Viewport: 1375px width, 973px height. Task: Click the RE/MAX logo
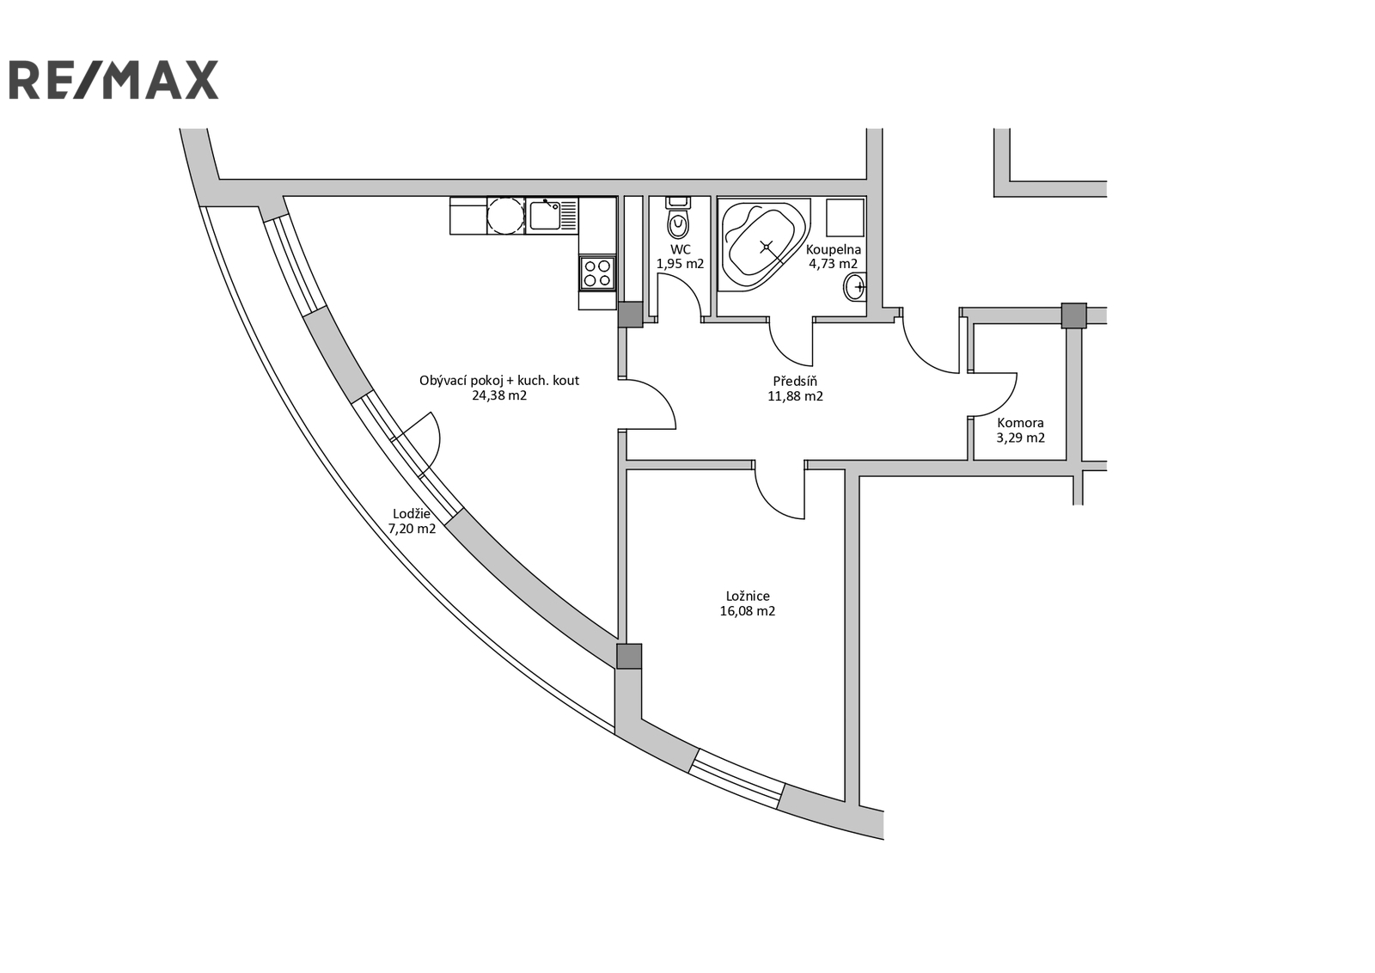[114, 80]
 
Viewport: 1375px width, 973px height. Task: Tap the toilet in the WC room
[678, 219]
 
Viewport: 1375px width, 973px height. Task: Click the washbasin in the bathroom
[854, 287]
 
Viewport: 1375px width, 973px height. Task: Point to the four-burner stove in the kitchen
[597, 273]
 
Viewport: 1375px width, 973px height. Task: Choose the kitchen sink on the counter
[545, 216]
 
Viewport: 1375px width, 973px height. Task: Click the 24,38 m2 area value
[499, 396]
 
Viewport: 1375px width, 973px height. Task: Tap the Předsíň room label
[795, 382]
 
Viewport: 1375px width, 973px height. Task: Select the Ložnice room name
[748, 596]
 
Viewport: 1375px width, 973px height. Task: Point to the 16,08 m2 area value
[748, 611]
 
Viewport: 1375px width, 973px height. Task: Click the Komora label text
[1020, 423]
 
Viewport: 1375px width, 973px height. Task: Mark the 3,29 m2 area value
[1020, 438]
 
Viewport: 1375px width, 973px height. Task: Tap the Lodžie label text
[412, 514]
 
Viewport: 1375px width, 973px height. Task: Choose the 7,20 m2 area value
[412, 529]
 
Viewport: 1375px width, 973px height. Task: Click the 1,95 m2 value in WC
[680, 265]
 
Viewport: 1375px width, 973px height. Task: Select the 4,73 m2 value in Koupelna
[833, 265]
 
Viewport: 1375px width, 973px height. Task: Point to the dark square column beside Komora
[1073, 315]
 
